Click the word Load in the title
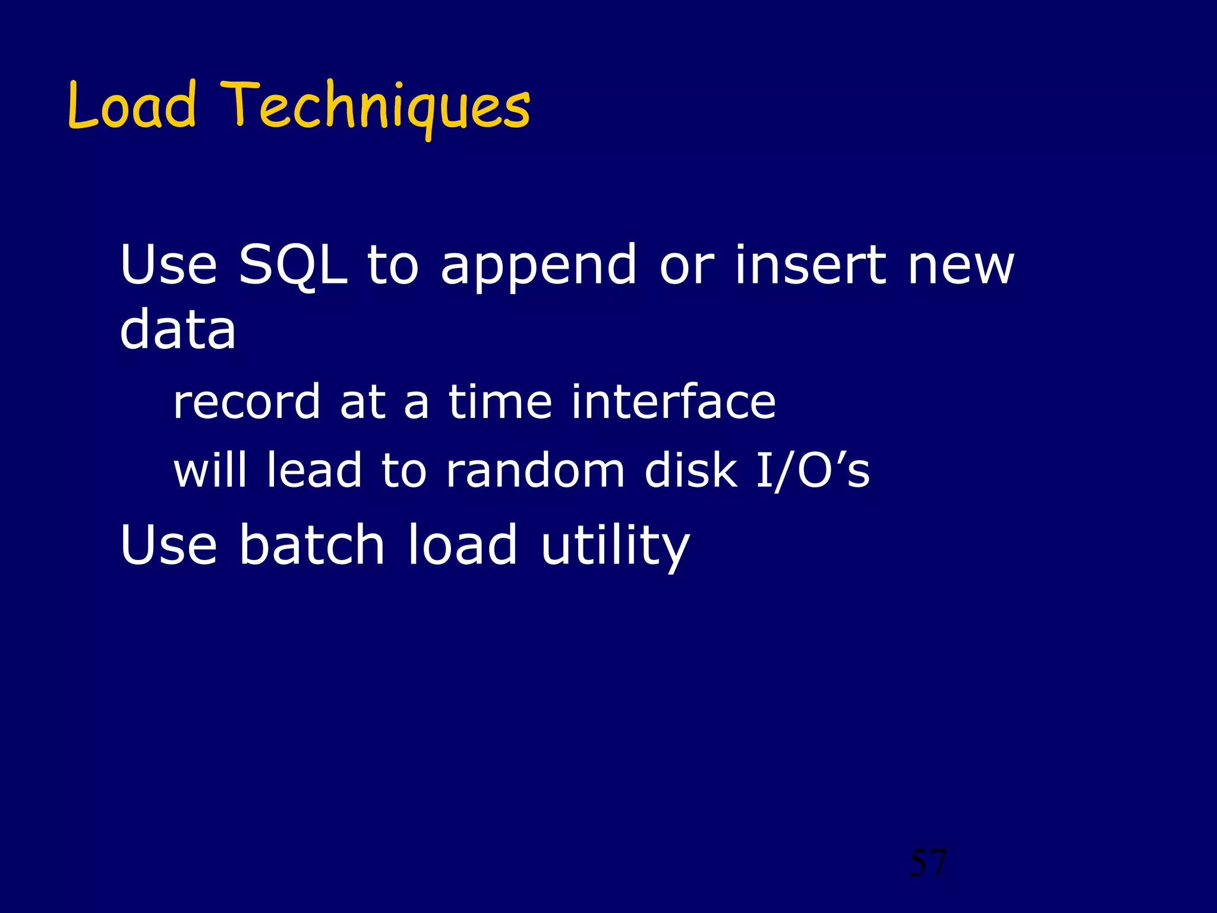click(x=131, y=106)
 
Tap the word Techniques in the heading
click(x=375, y=107)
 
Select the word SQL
click(x=292, y=265)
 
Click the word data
click(x=178, y=330)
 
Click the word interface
click(x=673, y=402)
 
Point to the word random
click(x=535, y=470)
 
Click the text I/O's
click(x=812, y=470)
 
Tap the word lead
click(x=314, y=470)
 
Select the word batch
click(x=312, y=544)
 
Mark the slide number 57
click(x=928, y=862)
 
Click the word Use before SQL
click(x=168, y=265)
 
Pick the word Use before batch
click(x=168, y=544)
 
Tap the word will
click(x=210, y=470)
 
